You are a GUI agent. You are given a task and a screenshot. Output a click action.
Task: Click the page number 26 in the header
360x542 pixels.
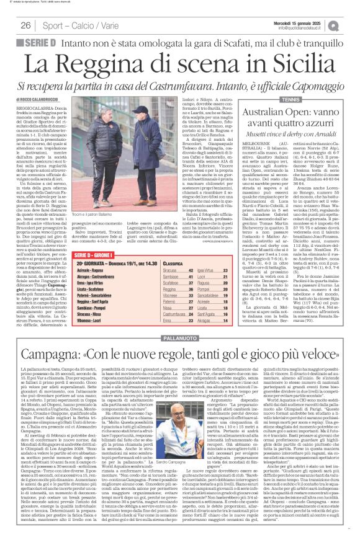(x=25, y=25)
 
